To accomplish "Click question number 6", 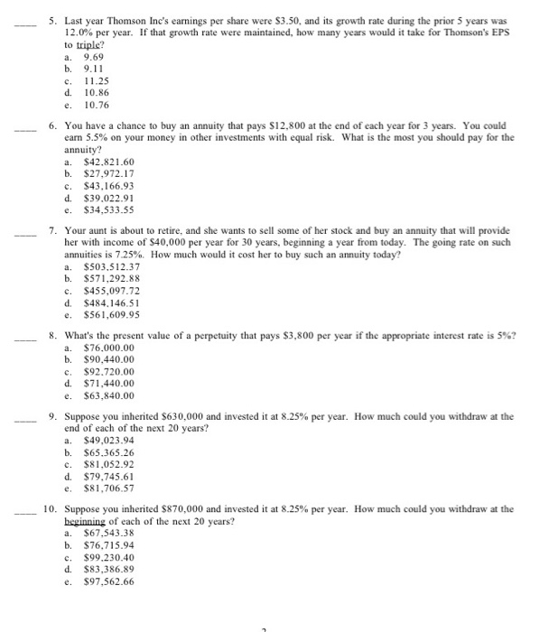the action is tap(53, 125).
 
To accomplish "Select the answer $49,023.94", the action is tap(107, 440).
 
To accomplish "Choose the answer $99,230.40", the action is tap(107, 558).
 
